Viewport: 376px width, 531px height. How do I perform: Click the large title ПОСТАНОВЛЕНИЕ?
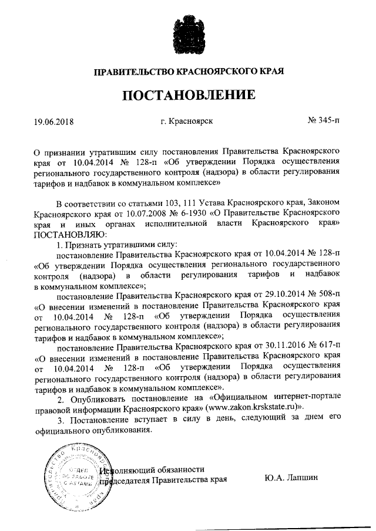(x=189, y=95)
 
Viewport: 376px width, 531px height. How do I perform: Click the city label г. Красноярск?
(x=186, y=121)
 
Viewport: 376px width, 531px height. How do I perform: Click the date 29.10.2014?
(x=279, y=296)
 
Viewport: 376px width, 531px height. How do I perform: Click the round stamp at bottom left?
(x=78, y=476)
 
